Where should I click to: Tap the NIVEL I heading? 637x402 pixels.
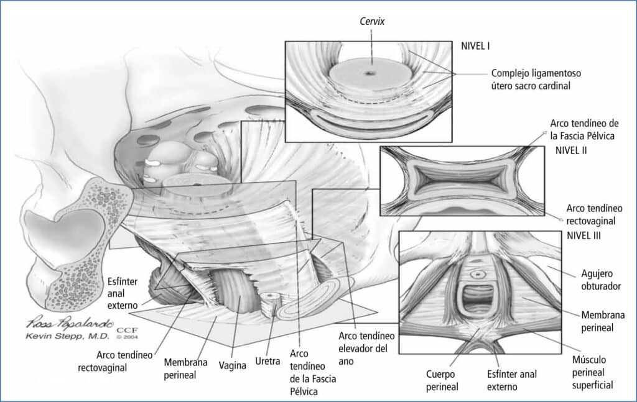point(477,45)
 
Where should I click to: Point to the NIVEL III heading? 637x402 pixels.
point(584,236)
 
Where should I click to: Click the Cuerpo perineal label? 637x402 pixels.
point(442,380)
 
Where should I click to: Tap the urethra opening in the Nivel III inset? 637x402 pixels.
point(478,273)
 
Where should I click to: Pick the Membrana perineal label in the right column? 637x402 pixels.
point(602,321)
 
